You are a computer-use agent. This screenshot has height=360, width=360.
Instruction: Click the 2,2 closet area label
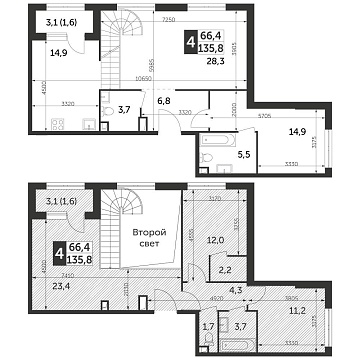click(x=225, y=270)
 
